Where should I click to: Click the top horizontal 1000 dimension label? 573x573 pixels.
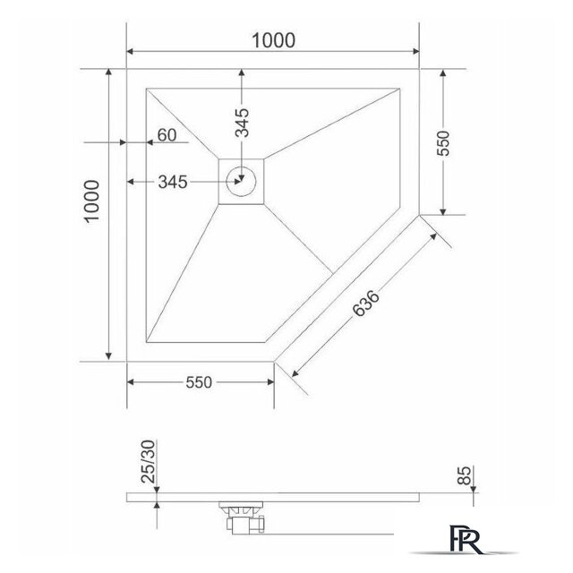click(274, 39)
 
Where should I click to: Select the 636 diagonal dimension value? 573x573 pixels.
click(366, 302)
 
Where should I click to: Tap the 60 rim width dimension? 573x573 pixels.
click(166, 135)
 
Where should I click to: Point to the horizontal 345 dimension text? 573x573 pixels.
click(171, 183)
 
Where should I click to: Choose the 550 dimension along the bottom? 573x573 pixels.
click(199, 383)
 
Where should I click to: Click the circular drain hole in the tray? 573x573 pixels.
click(242, 182)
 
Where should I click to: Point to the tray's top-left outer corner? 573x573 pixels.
click(127, 69)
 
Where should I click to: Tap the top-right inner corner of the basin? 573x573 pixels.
click(399, 87)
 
